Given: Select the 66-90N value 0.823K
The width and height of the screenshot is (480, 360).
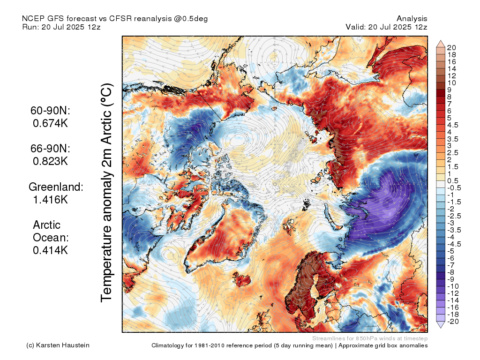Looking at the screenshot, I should (x=50, y=161).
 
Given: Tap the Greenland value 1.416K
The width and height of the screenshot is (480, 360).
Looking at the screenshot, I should (x=50, y=200).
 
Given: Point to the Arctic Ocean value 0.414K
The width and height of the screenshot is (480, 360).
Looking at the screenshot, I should (x=50, y=250).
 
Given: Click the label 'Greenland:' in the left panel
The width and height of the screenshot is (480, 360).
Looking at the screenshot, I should (x=56, y=187).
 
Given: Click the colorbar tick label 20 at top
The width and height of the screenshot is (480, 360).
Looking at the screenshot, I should (x=451, y=47).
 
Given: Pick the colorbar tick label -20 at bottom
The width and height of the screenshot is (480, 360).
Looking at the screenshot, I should (x=453, y=321).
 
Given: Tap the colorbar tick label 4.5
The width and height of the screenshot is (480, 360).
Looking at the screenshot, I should (x=453, y=125).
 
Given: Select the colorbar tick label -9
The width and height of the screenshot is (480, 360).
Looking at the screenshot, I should (x=451, y=279).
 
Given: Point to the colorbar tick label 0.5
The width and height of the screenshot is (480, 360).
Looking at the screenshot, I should (x=453, y=181).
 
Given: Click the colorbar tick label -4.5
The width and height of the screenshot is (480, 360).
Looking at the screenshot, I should (x=454, y=244).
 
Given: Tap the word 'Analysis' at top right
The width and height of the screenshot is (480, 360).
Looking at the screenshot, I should (x=412, y=18).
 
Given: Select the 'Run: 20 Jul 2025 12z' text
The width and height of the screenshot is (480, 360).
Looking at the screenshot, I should (x=61, y=27).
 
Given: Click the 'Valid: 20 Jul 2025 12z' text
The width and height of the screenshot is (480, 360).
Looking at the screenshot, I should (x=386, y=27).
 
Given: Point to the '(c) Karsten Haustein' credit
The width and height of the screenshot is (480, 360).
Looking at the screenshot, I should (x=58, y=345).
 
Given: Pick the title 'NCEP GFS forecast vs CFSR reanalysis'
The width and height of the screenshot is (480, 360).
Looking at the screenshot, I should (x=115, y=18).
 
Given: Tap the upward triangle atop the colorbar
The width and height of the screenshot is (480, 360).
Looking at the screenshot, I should (x=441, y=44).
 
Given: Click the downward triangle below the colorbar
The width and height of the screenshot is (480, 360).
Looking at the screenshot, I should (x=441, y=325).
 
